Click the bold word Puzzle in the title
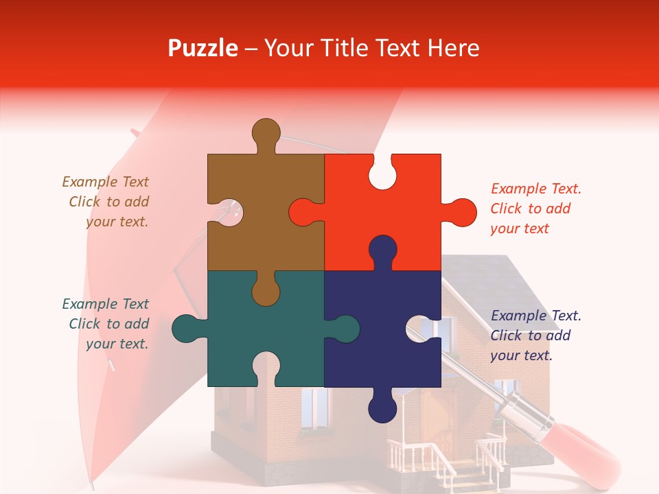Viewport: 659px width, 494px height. (203, 48)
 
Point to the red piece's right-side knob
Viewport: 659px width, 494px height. (461, 213)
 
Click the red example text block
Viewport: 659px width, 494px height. (535, 209)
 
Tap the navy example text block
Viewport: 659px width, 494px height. (535, 336)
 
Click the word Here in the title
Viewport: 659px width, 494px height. (453, 48)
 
